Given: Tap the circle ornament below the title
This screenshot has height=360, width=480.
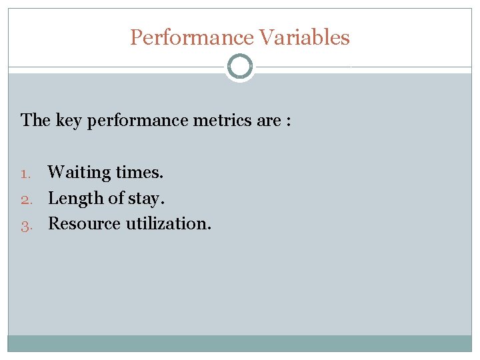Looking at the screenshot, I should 239,67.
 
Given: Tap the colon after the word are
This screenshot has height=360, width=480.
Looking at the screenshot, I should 288,121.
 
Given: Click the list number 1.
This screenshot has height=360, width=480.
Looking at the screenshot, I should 25,173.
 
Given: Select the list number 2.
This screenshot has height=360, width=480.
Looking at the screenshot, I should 25,199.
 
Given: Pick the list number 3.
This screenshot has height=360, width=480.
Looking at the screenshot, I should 25,225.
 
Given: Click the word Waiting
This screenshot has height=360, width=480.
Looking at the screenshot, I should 79,173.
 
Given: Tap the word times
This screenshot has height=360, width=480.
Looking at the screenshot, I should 139,173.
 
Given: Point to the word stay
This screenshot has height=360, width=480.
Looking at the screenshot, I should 146,199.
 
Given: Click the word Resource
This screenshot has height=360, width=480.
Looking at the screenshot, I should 84,224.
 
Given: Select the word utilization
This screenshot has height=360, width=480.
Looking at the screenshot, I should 168,224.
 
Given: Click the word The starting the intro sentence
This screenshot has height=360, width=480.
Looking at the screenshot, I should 35,121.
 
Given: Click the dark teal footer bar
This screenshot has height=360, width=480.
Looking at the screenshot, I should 239,343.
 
